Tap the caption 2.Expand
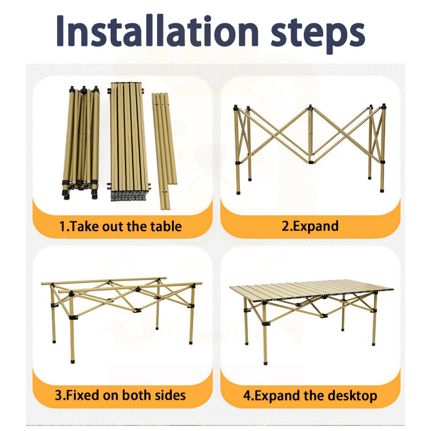(310, 226)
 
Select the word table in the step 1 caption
(166, 226)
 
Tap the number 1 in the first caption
(62, 226)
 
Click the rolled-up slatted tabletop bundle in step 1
(128, 142)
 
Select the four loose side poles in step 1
(165, 151)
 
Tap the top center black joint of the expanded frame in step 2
(310, 107)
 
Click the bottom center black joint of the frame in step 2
(311, 162)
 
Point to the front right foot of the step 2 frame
(382, 190)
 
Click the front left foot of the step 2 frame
(238, 192)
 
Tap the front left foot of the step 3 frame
(72, 361)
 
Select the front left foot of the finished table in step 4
(265, 362)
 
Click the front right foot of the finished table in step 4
(374, 343)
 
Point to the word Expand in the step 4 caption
(277, 396)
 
